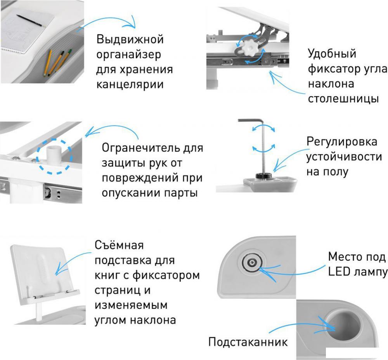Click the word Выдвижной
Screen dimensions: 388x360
point(130,39)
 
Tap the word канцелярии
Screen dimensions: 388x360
point(130,84)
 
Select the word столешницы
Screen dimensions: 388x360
point(343,99)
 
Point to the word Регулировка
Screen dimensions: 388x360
point(342,142)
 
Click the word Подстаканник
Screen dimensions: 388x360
point(248,342)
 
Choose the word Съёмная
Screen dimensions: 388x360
point(119,245)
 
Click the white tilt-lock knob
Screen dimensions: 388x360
point(249,47)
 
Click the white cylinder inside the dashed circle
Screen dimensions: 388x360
point(54,155)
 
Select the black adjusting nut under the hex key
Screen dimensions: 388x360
point(264,176)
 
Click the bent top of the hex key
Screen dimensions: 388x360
point(251,121)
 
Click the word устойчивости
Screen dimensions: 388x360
point(344,157)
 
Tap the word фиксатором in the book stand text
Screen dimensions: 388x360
point(166,275)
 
